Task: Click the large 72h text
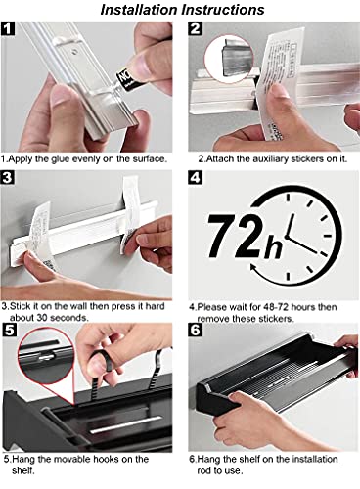pos(240,236)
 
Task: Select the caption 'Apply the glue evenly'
pos(84,157)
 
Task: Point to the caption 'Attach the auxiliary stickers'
pos(268,157)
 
